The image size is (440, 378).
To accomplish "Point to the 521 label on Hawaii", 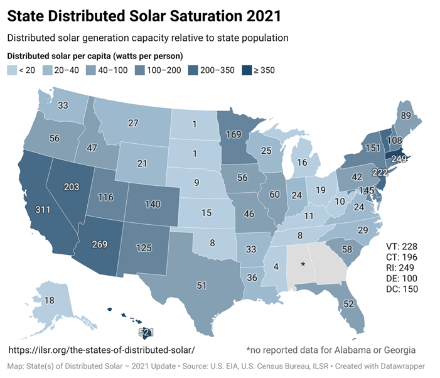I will click(146, 332).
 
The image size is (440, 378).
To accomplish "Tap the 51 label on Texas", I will click(201, 286).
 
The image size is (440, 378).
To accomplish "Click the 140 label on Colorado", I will click(153, 205).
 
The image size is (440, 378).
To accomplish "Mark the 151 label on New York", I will click(355, 148).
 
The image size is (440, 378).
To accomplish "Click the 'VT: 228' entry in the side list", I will click(401, 246).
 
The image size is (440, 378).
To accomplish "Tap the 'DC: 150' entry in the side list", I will click(401, 289).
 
